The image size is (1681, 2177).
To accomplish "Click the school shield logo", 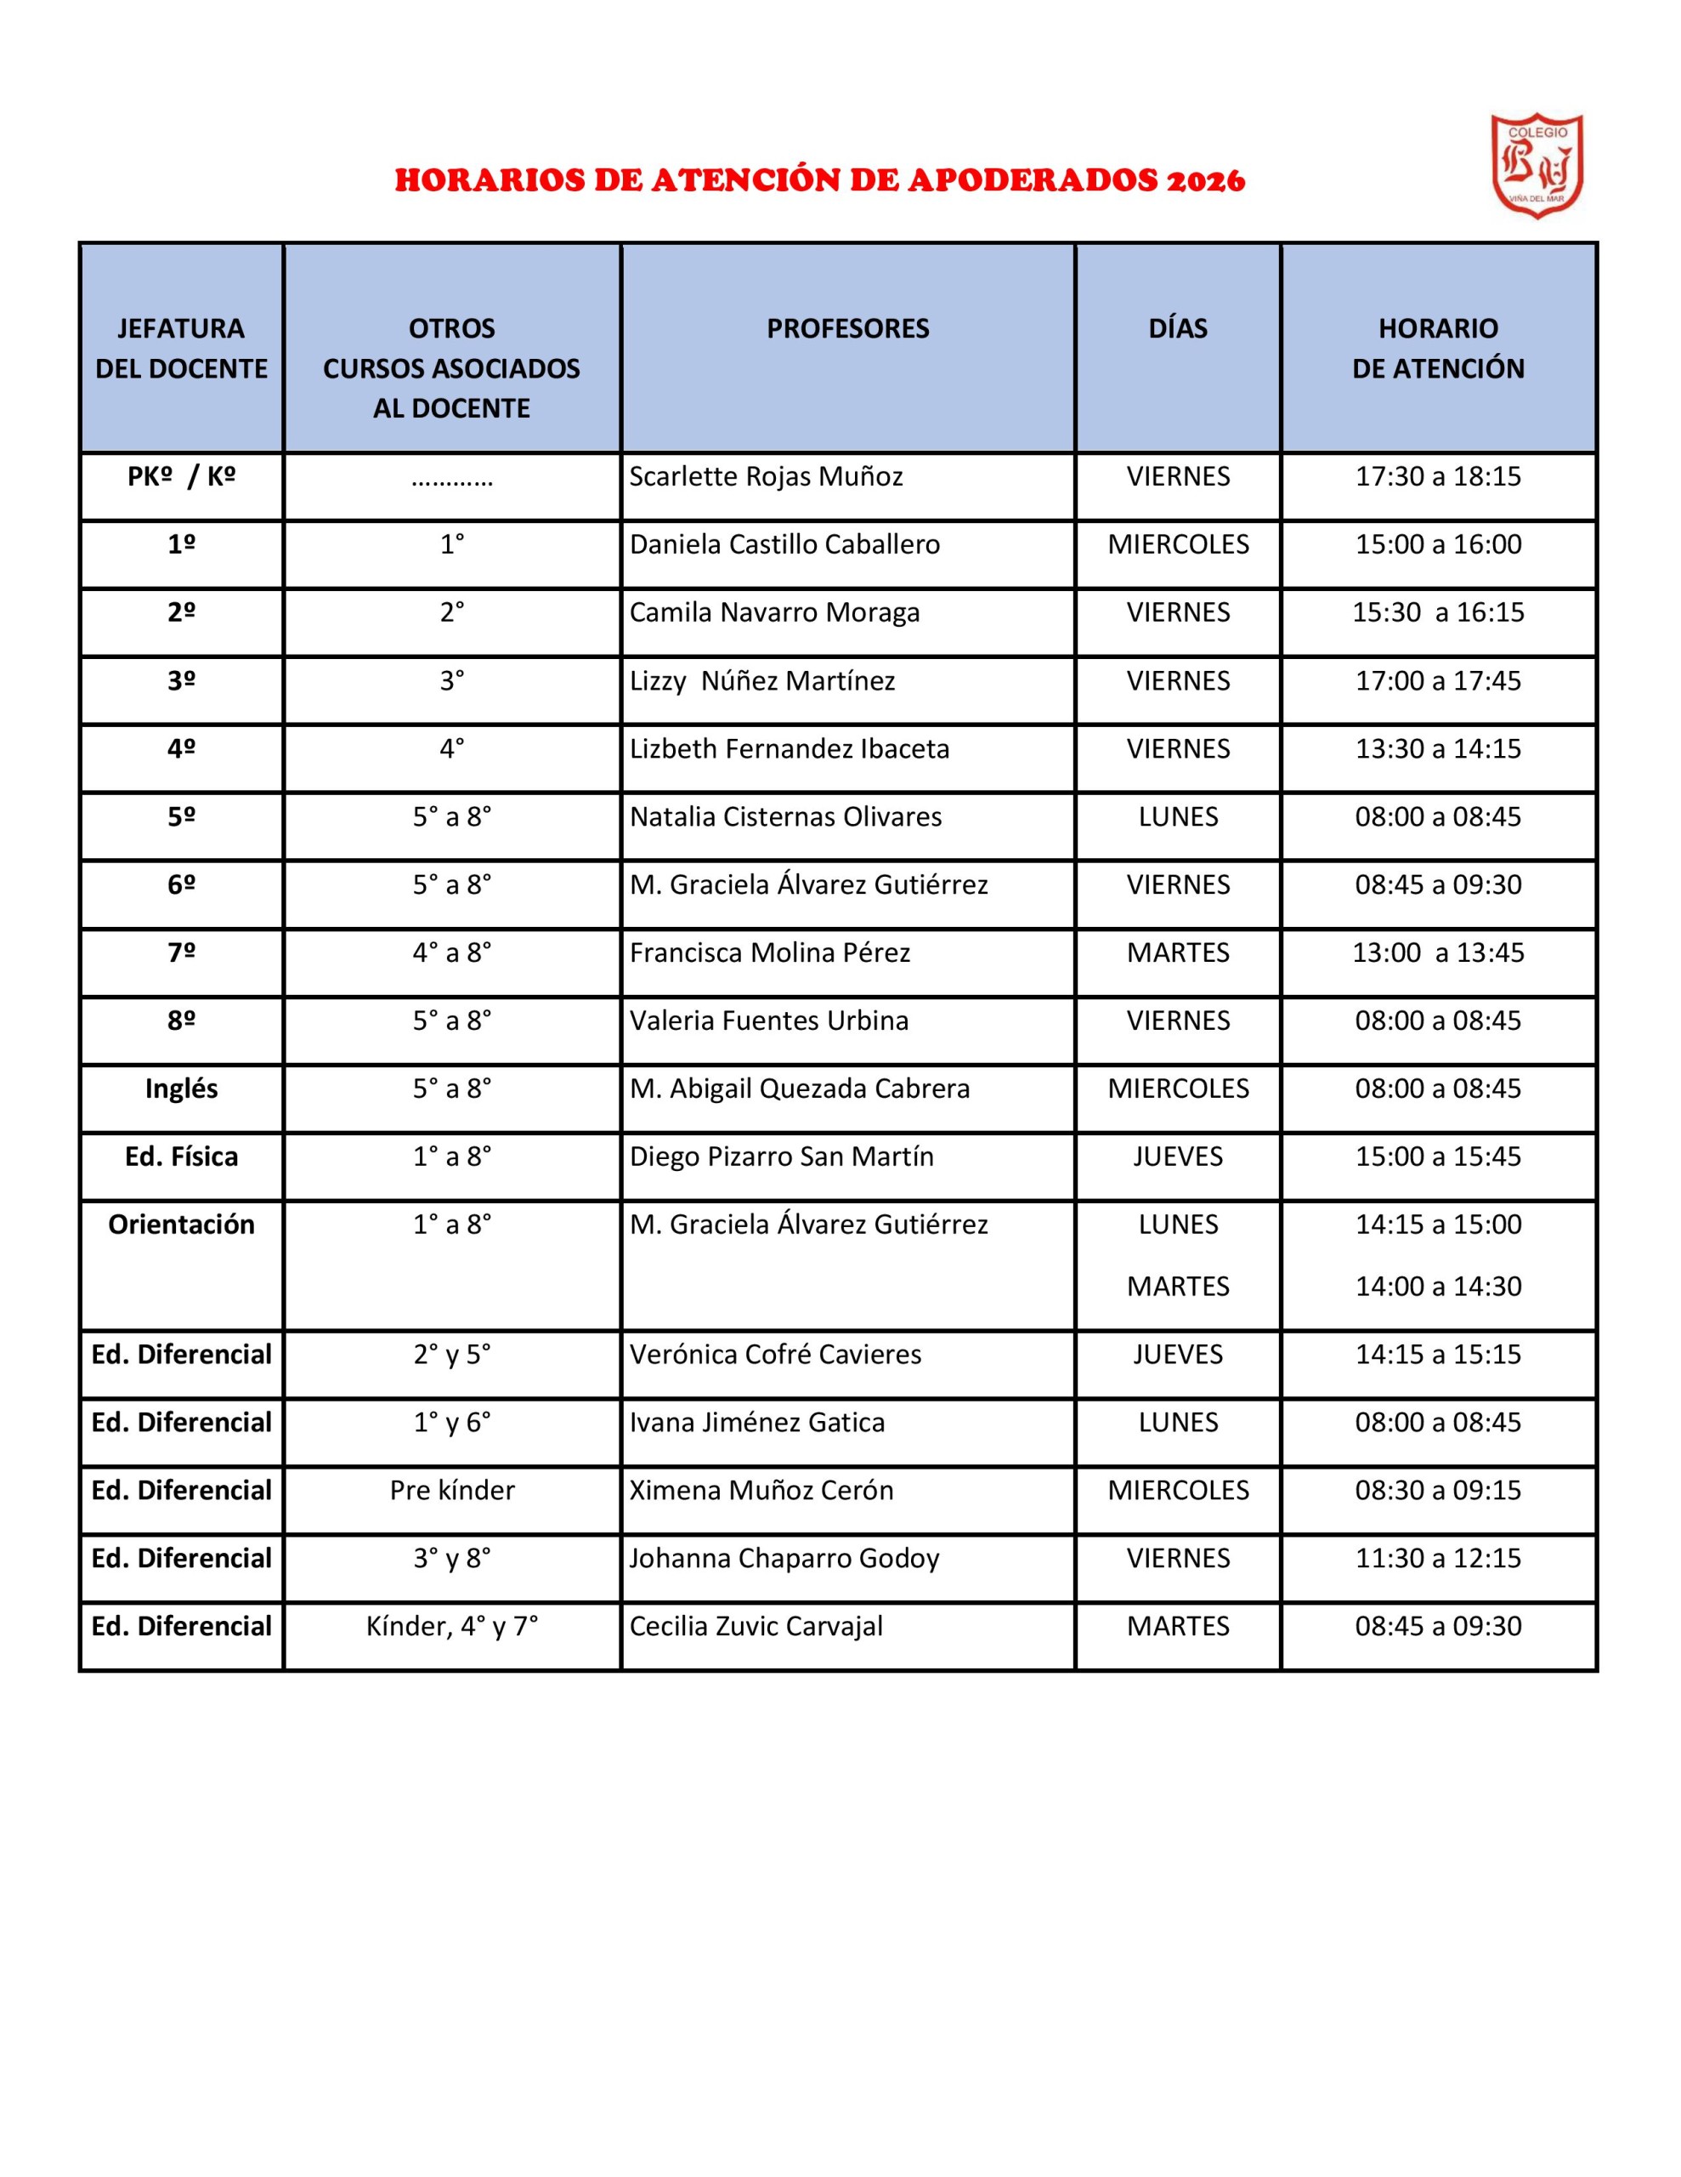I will pyautogui.click(x=1536, y=166).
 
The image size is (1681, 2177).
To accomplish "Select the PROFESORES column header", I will pyautogui.click(x=847, y=329).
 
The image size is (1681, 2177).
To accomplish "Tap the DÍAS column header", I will pyautogui.click(x=1178, y=329).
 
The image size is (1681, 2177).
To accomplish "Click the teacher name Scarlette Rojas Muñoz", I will pyautogui.click(x=765, y=476).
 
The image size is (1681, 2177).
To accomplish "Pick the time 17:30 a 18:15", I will pyautogui.click(x=1437, y=476).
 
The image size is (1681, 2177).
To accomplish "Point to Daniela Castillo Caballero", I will pyautogui.click(x=784, y=544).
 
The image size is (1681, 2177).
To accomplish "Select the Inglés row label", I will pyautogui.click(x=181, y=1088).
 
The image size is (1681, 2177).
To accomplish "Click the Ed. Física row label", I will pyautogui.click(x=181, y=1157).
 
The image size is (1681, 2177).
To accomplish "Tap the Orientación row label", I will pyautogui.click(x=181, y=1224).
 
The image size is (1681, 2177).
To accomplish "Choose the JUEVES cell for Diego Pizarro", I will pyautogui.click(x=1178, y=1157).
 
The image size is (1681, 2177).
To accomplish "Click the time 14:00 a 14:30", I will pyautogui.click(x=1437, y=1286).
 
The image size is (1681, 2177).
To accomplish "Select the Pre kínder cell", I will pyautogui.click(x=451, y=1490).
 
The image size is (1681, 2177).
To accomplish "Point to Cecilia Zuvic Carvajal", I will pyautogui.click(x=756, y=1626).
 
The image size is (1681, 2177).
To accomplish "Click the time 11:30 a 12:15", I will pyautogui.click(x=1437, y=1558).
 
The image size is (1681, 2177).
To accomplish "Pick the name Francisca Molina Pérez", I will pyautogui.click(x=769, y=953).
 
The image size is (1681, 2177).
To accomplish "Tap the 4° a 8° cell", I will pyautogui.click(x=451, y=953).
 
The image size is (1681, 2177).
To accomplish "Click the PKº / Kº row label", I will pyautogui.click(x=181, y=476).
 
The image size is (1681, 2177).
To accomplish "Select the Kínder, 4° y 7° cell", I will pyautogui.click(x=451, y=1626).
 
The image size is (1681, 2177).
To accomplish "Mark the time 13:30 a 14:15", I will pyautogui.click(x=1437, y=748).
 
